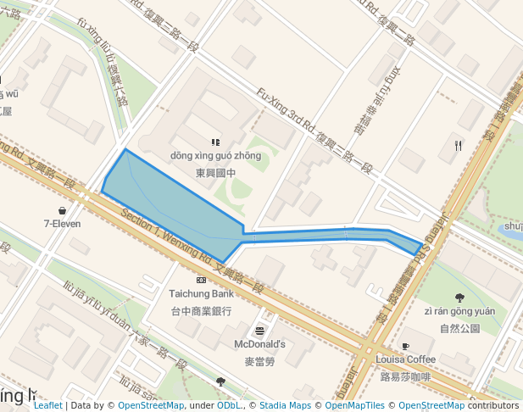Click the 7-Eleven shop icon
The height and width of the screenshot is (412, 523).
tap(62, 210)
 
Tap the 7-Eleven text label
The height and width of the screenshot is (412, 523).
tap(62, 224)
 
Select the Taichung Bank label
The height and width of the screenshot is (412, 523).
tap(200, 293)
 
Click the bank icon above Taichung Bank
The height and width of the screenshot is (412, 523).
tap(201, 280)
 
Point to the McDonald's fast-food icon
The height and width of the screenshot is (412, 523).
tap(259, 331)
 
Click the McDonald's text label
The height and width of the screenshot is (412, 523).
tap(259, 344)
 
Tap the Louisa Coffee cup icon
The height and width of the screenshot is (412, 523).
tap(405, 346)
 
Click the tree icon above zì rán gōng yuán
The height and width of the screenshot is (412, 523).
tap(459, 298)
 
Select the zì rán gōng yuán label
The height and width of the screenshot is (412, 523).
tap(459, 311)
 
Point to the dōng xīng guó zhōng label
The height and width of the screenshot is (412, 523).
tap(215, 156)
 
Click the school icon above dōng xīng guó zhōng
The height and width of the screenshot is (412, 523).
tap(215, 142)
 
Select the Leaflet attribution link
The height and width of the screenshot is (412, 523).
tap(47, 406)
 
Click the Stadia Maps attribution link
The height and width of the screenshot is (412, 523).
tap(289, 406)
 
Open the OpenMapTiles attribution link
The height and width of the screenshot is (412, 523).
tap(355, 406)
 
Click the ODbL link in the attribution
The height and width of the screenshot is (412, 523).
tap(227, 406)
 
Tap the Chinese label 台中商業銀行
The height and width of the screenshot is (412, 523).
tap(200, 310)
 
